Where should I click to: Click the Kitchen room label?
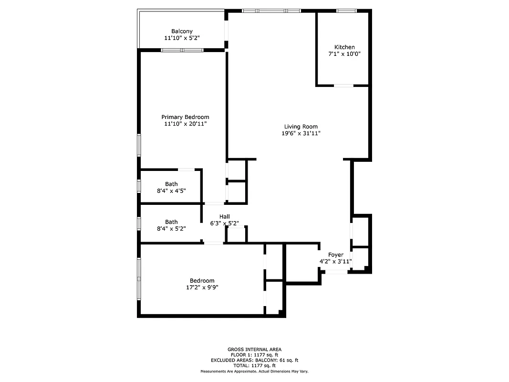(x=344, y=47)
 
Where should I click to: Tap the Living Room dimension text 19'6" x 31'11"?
(x=301, y=134)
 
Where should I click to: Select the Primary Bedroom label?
(x=185, y=117)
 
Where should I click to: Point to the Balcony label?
(x=182, y=31)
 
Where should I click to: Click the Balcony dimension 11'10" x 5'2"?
(x=182, y=38)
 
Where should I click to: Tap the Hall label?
(x=225, y=216)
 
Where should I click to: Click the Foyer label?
(x=335, y=255)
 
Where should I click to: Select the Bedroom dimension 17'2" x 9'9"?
(x=202, y=287)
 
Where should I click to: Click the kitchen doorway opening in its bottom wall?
(x=343, y=85)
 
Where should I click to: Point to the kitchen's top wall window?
(x=346, y=11)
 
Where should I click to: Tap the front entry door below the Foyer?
(x=336, y=272)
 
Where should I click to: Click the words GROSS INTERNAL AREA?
(x=254, y=349)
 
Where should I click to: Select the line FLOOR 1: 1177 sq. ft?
(x=254, y=355)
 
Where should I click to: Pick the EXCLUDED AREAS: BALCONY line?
(x=254, y=360)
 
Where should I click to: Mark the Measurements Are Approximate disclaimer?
(x=254, y=371)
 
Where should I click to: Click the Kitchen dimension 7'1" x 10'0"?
(x=344, y=54)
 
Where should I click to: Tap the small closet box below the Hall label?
(x=236, y=234)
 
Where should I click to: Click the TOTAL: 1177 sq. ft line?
(x=254, y=365)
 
